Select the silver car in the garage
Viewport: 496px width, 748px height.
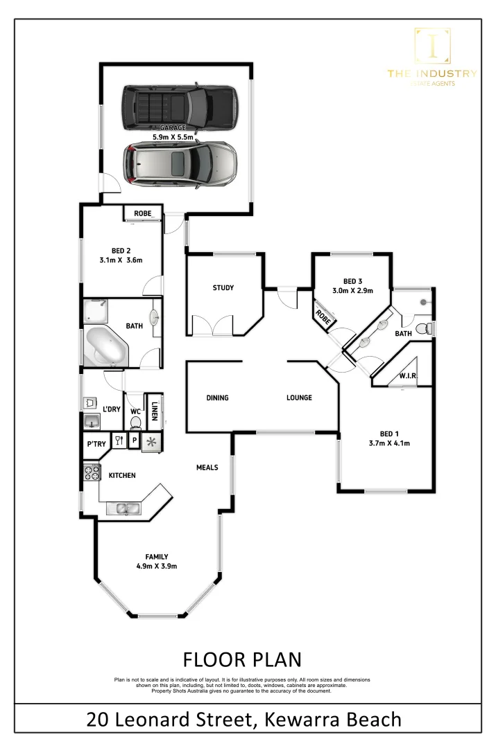(x=180, y=164)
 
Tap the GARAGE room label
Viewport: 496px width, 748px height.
(x=173, y=128)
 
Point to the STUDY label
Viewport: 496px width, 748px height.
(x=223, y=288)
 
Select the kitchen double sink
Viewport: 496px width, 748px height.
(x=125, y=509)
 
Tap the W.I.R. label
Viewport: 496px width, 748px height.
(x=407, y=376)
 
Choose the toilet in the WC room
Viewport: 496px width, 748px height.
(x=135, y=422)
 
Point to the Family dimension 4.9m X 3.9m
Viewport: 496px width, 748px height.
(x=156, y=566)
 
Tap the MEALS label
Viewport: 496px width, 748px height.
(x=207, y=467)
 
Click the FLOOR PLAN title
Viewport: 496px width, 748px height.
(x=241, y=658)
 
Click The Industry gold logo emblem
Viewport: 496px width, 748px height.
(x=431, y=46)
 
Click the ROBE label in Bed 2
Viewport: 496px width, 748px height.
(x=143, y=213)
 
